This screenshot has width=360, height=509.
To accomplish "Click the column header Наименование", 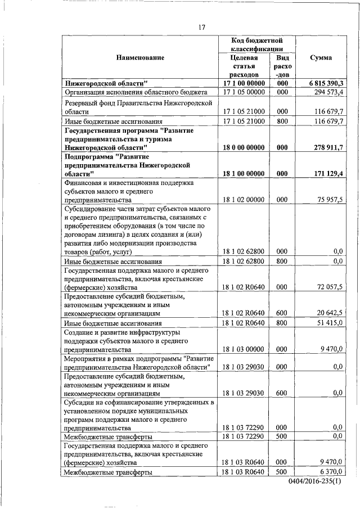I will (x=141, y=58).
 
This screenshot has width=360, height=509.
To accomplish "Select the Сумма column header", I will (x=321, y=58).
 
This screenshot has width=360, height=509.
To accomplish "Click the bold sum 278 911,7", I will (x=328, y=148).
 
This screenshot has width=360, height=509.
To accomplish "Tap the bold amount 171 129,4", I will (x=328, y=175).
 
